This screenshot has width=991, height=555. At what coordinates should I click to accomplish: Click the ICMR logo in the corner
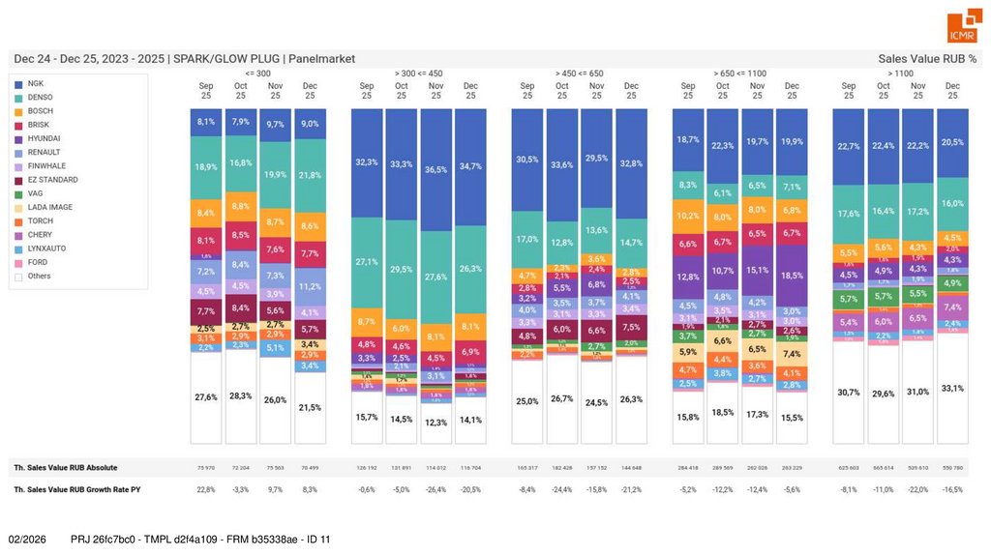click(x=962, y=28)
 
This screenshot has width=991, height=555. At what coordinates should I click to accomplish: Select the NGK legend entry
click(x=36, y=84)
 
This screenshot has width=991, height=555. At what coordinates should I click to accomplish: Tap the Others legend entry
click(x=40, y=277)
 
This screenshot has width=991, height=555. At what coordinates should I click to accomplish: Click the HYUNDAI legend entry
click(x=44, y=139)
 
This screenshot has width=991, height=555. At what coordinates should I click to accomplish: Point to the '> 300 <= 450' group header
click(x=418, y=73)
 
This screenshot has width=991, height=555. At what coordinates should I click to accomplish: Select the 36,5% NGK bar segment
click(x=435, y=169)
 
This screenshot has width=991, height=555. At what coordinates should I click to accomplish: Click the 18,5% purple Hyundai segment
click(x=792, y=276)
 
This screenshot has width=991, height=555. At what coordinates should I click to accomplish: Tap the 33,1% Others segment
click(x=952, y=388)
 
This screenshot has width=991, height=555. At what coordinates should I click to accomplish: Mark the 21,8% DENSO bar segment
click(x=310, y=175)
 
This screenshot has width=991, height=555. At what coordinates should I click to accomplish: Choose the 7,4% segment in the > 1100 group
click(x=952, y=307)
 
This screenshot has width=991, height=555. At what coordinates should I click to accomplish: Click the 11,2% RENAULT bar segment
click(x=310, y=286)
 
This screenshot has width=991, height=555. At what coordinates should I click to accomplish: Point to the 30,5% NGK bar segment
click(x=527, y=160)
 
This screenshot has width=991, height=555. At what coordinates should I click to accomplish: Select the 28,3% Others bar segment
click(x=241, y=395)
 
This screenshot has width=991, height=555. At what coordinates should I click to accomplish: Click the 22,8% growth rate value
click(x=205, y=490)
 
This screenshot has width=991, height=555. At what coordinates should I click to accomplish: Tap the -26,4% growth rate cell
click(x=435, y=490)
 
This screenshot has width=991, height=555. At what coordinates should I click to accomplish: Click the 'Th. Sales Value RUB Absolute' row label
click(x=65, y=468)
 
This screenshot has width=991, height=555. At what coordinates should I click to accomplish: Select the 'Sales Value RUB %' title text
click(x=927, y=59)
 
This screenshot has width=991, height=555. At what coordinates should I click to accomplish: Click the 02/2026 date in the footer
click(x=27, y=539)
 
